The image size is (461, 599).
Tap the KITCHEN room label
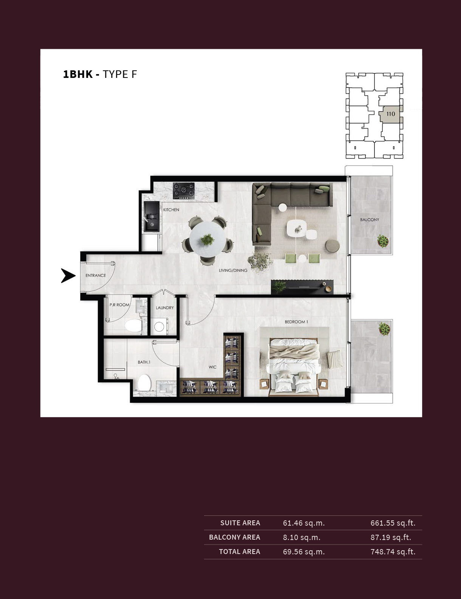point(171,210)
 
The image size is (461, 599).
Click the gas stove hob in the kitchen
point(184,191)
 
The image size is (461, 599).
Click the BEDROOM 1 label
point(296,322)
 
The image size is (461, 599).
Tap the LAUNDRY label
point(165,308)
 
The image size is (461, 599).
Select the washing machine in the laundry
point(159,326)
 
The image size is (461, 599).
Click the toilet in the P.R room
point(133,325)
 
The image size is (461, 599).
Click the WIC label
point(212,367)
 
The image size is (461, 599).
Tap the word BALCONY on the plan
point(370,220)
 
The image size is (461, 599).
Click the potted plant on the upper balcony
point(383,241)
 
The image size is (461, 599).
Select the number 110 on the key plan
point(390,114)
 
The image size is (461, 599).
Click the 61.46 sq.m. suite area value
point(304,523)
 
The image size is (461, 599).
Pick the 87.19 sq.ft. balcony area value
point(391,537)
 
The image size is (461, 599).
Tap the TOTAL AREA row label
point(239,552)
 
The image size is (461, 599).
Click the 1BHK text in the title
point(78,74)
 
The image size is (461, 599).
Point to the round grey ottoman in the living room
point(333,245)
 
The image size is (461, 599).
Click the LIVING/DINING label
point(233,270)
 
